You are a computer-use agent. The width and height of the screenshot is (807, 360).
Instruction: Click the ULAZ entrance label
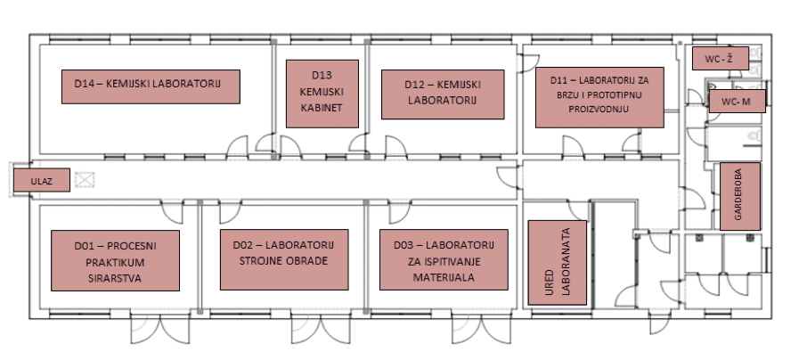41,180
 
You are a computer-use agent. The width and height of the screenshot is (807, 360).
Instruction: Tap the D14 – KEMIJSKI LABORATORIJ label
151,86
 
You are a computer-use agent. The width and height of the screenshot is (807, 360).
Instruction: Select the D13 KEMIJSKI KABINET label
322,94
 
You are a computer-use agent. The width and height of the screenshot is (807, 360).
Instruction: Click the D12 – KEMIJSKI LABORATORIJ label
443,94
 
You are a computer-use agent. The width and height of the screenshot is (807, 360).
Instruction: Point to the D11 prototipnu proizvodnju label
599,97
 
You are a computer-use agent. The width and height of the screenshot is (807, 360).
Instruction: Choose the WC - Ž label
720,59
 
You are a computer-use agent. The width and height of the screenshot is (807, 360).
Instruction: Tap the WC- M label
737,102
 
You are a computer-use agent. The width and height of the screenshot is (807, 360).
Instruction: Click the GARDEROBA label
740,196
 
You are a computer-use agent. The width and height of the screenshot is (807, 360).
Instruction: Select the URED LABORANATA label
558,263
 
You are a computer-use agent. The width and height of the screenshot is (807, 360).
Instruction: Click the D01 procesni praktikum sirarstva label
115,260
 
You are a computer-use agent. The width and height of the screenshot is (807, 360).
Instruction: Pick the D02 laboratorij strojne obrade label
284,259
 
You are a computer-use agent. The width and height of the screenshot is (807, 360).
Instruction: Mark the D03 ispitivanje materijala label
444,259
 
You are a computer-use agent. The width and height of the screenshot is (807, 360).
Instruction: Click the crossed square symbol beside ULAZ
85,180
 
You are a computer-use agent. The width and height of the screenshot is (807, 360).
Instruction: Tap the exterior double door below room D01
160,330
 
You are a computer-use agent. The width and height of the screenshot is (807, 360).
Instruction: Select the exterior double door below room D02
322,330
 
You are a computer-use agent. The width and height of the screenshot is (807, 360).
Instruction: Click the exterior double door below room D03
482,330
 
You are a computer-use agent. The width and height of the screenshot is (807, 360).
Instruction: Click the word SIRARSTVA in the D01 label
115,279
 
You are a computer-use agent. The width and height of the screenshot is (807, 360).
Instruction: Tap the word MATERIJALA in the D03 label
444,278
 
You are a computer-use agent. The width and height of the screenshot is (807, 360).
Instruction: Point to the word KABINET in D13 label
322,108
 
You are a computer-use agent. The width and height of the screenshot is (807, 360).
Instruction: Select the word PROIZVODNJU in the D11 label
599,110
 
